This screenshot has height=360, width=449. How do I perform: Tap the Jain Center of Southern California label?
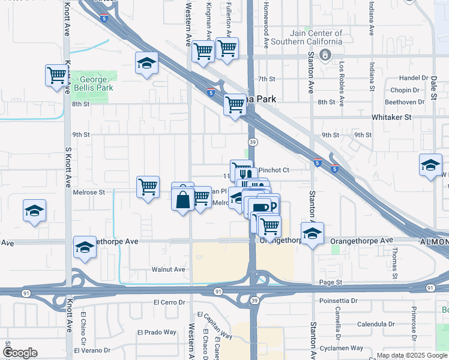point(306,37)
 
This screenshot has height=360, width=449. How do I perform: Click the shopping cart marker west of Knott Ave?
point(56,76)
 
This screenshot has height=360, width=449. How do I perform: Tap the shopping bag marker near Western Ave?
point(183,199)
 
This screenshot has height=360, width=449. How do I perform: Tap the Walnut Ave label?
point(168,269)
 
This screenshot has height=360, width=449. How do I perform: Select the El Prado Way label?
point(157,332)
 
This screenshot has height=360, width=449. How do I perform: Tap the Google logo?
point(20,353)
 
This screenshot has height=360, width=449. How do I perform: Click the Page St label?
point(330,282)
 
